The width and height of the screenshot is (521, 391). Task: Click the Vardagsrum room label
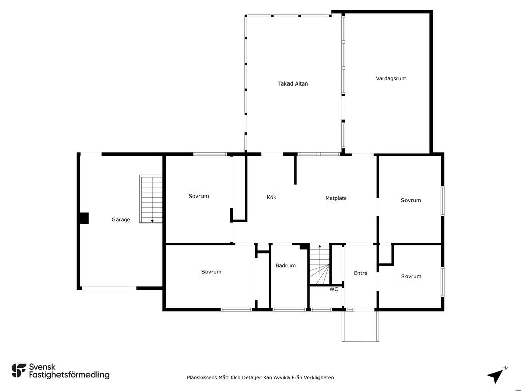coord(391,79)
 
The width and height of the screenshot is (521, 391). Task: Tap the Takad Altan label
coord(293,84)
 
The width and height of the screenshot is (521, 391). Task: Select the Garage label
coord(121,220)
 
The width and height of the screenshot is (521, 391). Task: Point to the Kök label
coord(271,197)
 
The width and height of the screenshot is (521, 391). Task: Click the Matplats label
coord(336,198)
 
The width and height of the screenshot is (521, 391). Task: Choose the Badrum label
coord(285,266)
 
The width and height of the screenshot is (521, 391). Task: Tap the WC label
coord(334,289)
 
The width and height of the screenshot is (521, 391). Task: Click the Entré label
coord(361,273)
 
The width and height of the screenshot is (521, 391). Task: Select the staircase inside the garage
coord(151,199)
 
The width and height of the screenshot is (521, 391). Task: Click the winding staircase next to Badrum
coord(320,264)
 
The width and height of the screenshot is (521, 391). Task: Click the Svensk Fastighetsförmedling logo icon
coord(19,371)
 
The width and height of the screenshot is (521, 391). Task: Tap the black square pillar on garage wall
coord(84,218)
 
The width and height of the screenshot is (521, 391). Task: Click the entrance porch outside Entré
coord(361,326)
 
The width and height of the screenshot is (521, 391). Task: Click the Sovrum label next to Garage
coord(199,196)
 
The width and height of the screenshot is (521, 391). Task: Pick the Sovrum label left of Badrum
coord(211,272)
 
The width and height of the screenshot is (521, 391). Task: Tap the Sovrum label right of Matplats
coord(411,200)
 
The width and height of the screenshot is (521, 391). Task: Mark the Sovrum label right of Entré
coord(411,276)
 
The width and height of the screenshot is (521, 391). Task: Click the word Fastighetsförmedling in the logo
coord(69,375)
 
